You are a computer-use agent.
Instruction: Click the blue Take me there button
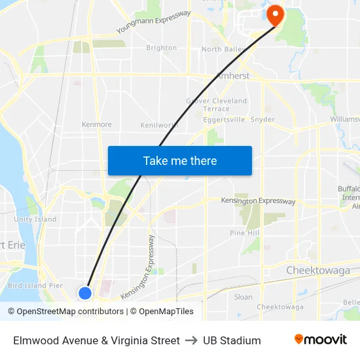click(x=180, y=161)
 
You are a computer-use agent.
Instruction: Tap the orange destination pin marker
click(x=274, y=15)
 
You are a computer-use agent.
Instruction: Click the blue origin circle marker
click(x=85, y=293)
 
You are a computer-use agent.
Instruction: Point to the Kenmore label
click(x=96, y=124)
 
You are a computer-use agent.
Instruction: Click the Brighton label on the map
click(x=161, y=48)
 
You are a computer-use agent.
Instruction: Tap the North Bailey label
click(x=221, y=49)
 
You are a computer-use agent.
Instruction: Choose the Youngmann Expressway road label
click(x=154, y=22)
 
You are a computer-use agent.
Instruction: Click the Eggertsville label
click(x=224, y=120)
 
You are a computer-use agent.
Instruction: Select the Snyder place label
click(x=262, y=120)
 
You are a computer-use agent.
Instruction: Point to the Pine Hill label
click(x=245, y=233)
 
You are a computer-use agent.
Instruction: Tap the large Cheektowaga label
click(x=318, y=270)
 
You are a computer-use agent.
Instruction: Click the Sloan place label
click(x=243, y=297)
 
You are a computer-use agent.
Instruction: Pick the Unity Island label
click(x=35, y=219)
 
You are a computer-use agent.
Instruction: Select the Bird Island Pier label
click(x=35, y=285)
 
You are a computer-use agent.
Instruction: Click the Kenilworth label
click(x=159, y=125)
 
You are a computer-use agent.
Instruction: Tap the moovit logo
click(x=320, y=340)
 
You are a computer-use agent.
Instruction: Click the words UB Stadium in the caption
click(x=232, y=340)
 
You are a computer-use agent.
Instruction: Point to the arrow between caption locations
click(x=191, y=340)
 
